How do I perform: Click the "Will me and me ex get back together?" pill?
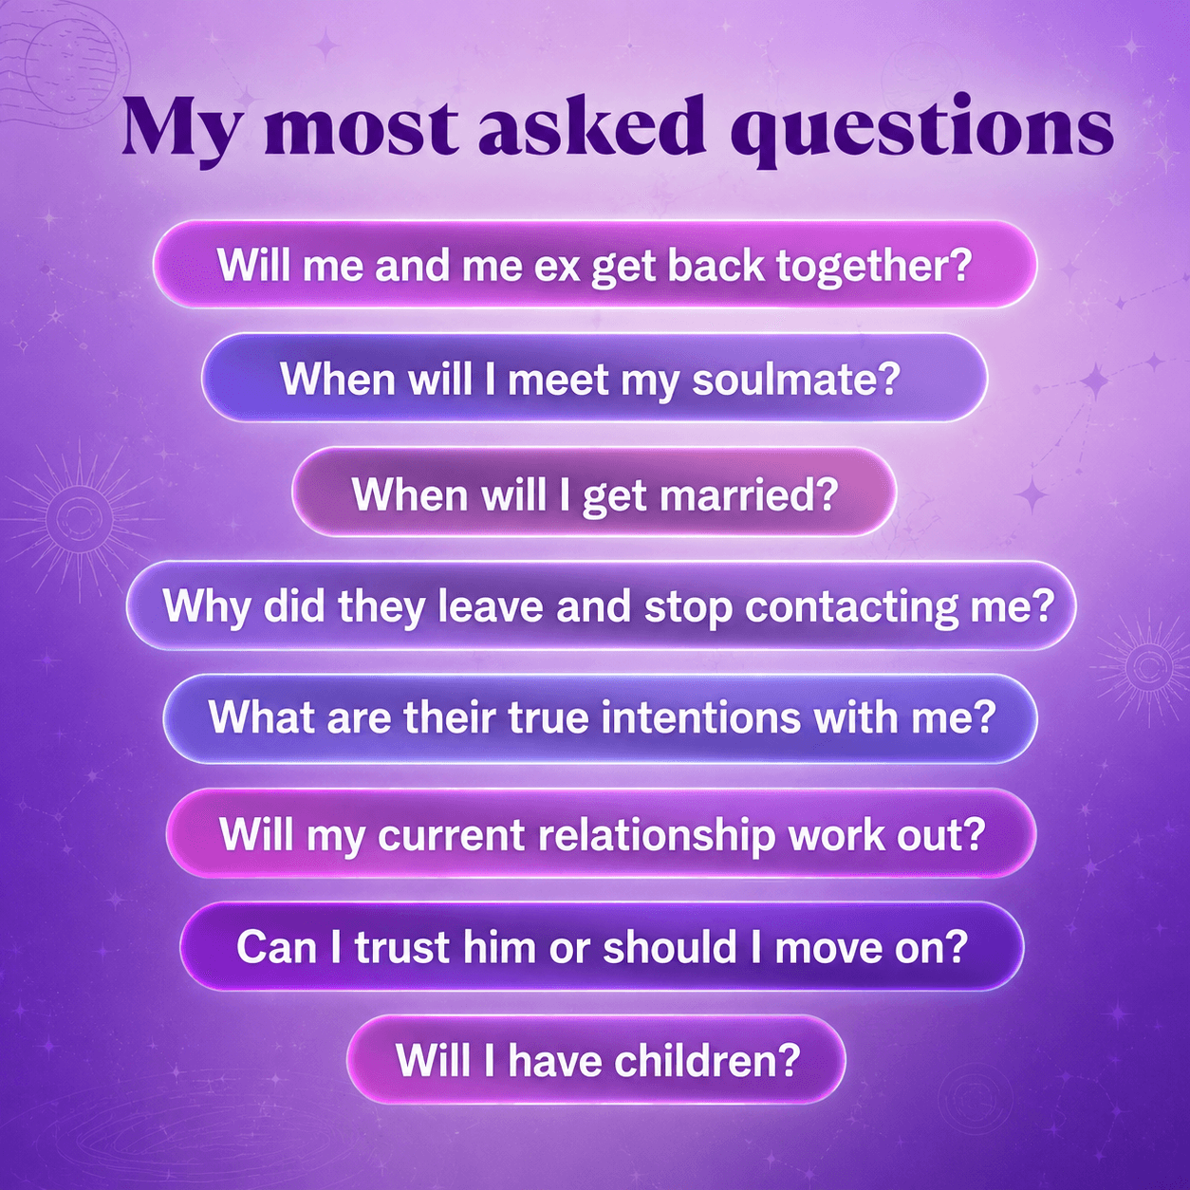tap(595, 264)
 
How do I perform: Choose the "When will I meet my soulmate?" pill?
tap(594, 378)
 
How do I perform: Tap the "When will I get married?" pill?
tap(593, 492)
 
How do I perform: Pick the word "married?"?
tap(749, 493)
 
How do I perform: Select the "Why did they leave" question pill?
tap(601, 605)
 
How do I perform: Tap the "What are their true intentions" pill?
tap(601, 718)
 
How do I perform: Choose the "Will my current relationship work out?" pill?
tap(601, 832)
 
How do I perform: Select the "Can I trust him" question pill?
tap(602, 947)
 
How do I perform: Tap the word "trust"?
tap(401, 947)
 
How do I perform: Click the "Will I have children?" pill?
tap(595, 1060)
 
